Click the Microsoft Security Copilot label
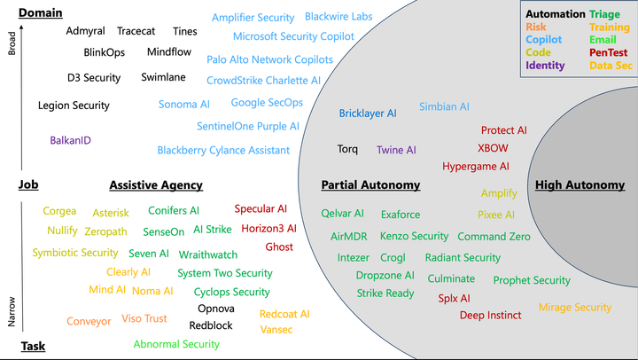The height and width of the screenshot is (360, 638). tap(293, 36)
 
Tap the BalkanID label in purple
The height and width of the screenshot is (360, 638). tap(71, 140)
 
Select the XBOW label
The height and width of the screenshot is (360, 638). tap(493, 148)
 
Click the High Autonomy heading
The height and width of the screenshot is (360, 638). tap(580, 185)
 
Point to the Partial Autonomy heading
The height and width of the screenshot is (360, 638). tap(370, 185)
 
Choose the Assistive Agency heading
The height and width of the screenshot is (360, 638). tap(156, 185)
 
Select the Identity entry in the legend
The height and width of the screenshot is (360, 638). tap(545, 66)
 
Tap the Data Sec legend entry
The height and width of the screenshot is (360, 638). tap(611, 66)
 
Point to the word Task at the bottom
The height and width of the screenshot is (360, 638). tap(33, 346)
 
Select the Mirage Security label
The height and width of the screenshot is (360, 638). tap(575, 308)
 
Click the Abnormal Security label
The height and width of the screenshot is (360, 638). tap(176, 344)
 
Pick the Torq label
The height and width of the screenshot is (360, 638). tap(347, 149)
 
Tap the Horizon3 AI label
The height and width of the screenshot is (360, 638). tap(268, 229)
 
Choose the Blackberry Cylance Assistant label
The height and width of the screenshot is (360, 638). tap(223, 150)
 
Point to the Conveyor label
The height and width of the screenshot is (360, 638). tap(89, 322)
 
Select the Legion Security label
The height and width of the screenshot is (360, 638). tap(74, 106)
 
